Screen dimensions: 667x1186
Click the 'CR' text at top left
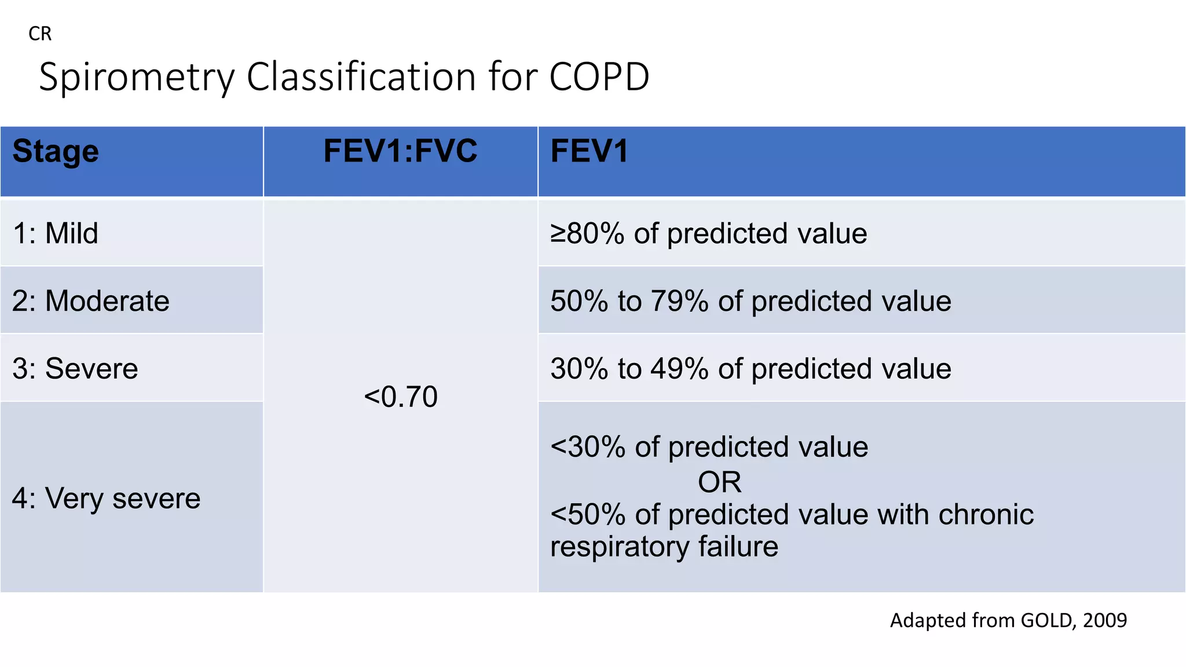(40, 34)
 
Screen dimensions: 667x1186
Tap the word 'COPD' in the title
(599, 77)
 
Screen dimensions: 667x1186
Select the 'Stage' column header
(56, 152)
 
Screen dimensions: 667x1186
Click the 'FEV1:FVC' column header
(400, 152)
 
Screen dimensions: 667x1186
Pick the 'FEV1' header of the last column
(589, 152)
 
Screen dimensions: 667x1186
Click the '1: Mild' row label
(55, 233)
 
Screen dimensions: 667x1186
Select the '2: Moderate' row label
(90, 301)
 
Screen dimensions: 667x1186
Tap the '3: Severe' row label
(75, 369)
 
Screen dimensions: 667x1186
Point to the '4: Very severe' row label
(106, 499)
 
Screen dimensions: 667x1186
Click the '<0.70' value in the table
(400, 397)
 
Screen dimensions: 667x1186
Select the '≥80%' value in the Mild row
(587, 233)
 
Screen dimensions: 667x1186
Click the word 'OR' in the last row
(719, 482)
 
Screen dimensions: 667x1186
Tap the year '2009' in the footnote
(1104, 621)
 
